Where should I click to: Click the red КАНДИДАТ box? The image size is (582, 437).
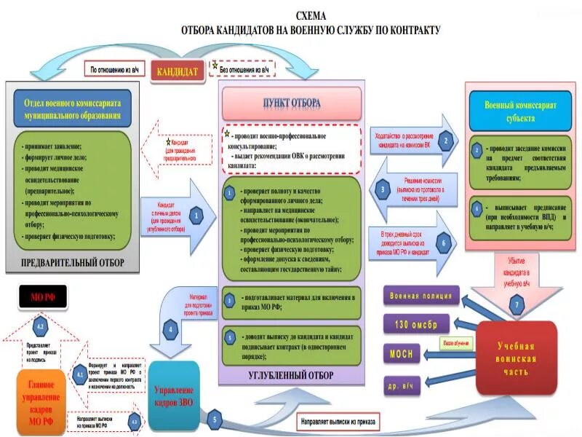tap(178, 72)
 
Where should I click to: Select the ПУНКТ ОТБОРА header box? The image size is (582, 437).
tap(291, 103)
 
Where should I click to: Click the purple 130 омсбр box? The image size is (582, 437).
tap(415, 324)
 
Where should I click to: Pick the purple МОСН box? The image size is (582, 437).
tap(401, 353)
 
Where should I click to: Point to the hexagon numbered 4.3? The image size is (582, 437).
tap(134, 422)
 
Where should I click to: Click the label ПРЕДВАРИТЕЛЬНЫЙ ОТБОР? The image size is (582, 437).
tap(72, 262)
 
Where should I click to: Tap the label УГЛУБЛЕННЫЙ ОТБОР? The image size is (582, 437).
tap(291, 375)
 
